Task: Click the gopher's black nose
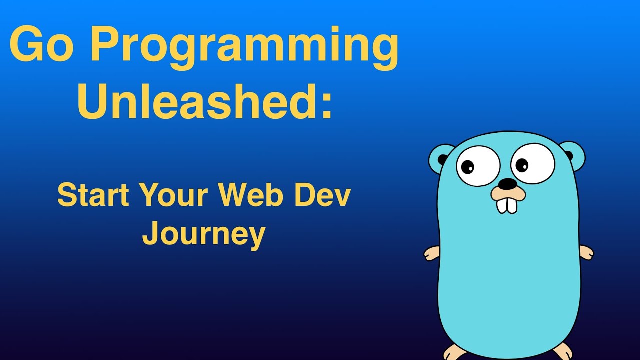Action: [x=508, y=184]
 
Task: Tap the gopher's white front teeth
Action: [x=507, y=205]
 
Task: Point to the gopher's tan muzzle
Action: [x=508, y=194]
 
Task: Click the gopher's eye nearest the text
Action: [x=478, y=166]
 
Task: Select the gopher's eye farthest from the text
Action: [x=533, y=163]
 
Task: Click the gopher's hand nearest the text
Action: [x=431, y=253]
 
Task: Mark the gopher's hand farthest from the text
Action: [x=586, y=252]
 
